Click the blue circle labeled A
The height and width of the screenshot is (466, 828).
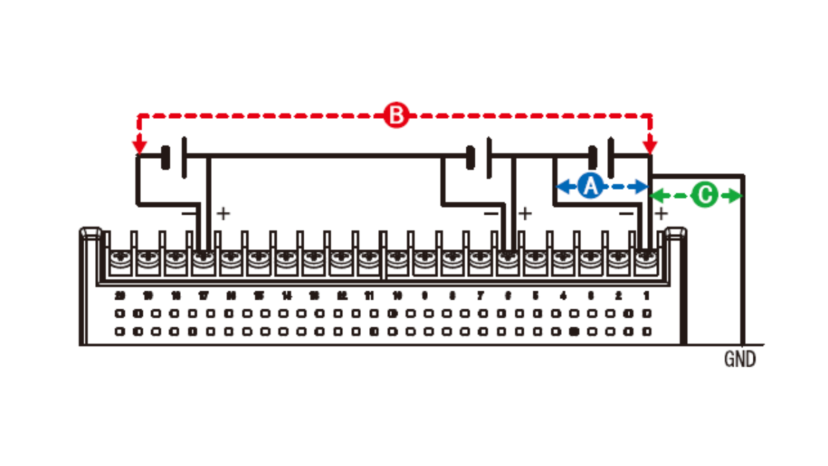pyautogui.click(x=589, y=186)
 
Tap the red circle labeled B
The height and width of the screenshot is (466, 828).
pyautogui.click(x=396, y=115)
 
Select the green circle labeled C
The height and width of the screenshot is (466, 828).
pyautogui.click(x=704, y=196)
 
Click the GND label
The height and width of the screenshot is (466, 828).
pyautogui.click(x=740, y=360)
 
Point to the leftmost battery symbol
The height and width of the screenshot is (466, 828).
pyautogui.click(x=175, y=157)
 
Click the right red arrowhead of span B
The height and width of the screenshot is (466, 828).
pyautogui.click(x=650, y=146)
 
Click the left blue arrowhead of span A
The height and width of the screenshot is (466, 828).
pyautogui.click(x=562, y=186)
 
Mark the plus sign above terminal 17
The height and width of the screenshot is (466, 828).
pyautogui.click(x=222, y=213)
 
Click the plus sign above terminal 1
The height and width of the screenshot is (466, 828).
pyautogui.click(x=661, y=213)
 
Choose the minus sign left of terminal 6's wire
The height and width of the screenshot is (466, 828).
pyautogui.click(x=491, y=213)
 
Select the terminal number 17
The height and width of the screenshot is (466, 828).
pyautogui.click(x=203, y=295)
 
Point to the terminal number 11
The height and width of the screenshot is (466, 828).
pyautogui.click(x=369, y=295)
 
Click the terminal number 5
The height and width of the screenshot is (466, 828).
pyautogui.click(x=535, y=295)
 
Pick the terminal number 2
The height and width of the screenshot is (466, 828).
pyautogui.click(x=618, y=295)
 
